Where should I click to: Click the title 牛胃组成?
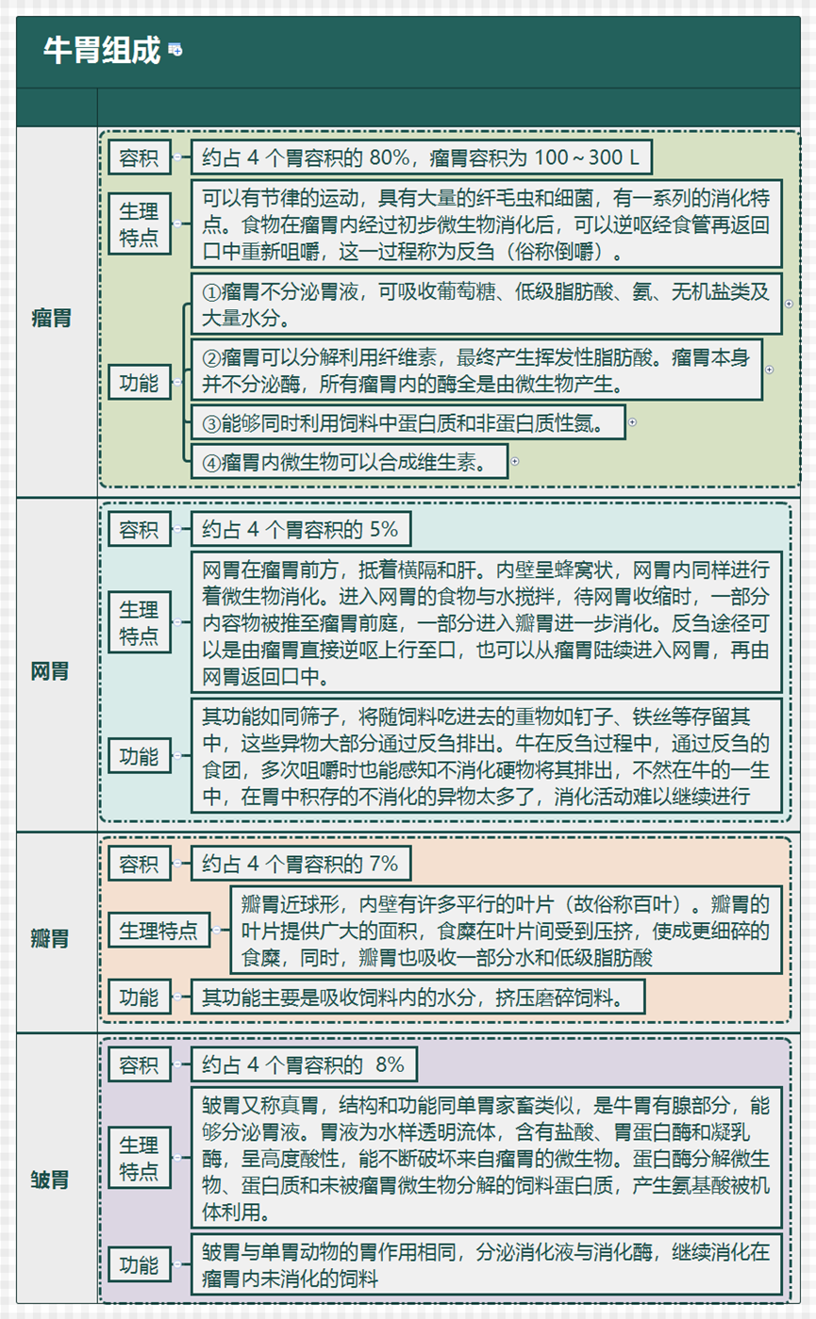[101, 50]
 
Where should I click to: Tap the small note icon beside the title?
[175, 50]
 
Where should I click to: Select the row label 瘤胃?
[51, 318]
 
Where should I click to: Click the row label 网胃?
[50, 670]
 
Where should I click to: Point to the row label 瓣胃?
[50, 938]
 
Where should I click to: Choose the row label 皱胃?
[50, 1179]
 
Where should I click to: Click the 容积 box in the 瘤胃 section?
[140, 157]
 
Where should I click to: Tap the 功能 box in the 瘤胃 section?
[140, 382]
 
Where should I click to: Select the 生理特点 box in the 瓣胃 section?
[159, 930]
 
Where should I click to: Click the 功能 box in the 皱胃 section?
[140, 1264]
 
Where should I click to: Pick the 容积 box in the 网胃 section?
[140, 529]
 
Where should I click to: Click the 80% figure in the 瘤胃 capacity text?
[389, 157]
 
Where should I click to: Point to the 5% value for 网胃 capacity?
[384, 529]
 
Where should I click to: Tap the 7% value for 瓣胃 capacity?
[384, 864]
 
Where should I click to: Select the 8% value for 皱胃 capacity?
[390, 1064]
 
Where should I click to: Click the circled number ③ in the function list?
[211, 423]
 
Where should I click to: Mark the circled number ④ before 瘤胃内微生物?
[211, 462]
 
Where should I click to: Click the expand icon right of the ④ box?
[515, 461]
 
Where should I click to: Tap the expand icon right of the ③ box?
[632, 422]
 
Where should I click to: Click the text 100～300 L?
[586, 157]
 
